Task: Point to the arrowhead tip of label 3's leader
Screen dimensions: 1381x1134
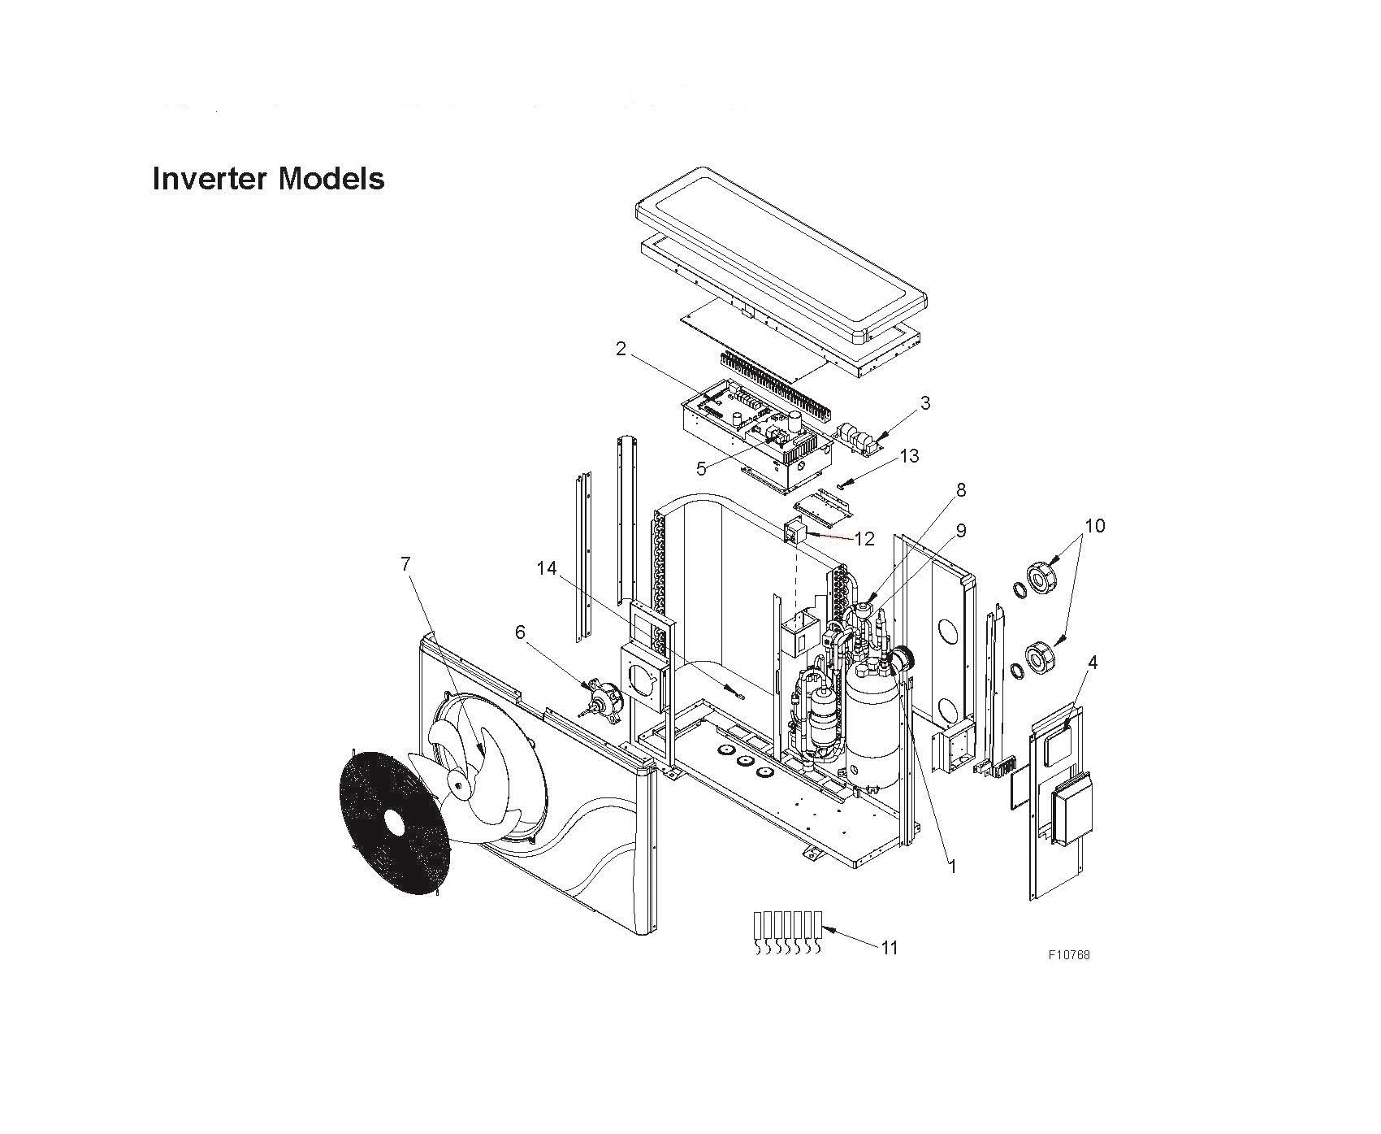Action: (876, 443)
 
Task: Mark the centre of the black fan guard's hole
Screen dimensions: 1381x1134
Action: (394, 823)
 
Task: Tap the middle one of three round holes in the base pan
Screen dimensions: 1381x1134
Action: (743, 762)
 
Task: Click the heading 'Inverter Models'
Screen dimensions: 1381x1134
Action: (268, 179)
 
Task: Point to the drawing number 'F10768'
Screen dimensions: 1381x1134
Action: (1068, 954)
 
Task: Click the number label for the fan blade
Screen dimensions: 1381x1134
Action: (405, 563)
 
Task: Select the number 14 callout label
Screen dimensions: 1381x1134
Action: (546, 568)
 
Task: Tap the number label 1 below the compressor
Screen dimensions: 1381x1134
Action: (953, 867)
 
